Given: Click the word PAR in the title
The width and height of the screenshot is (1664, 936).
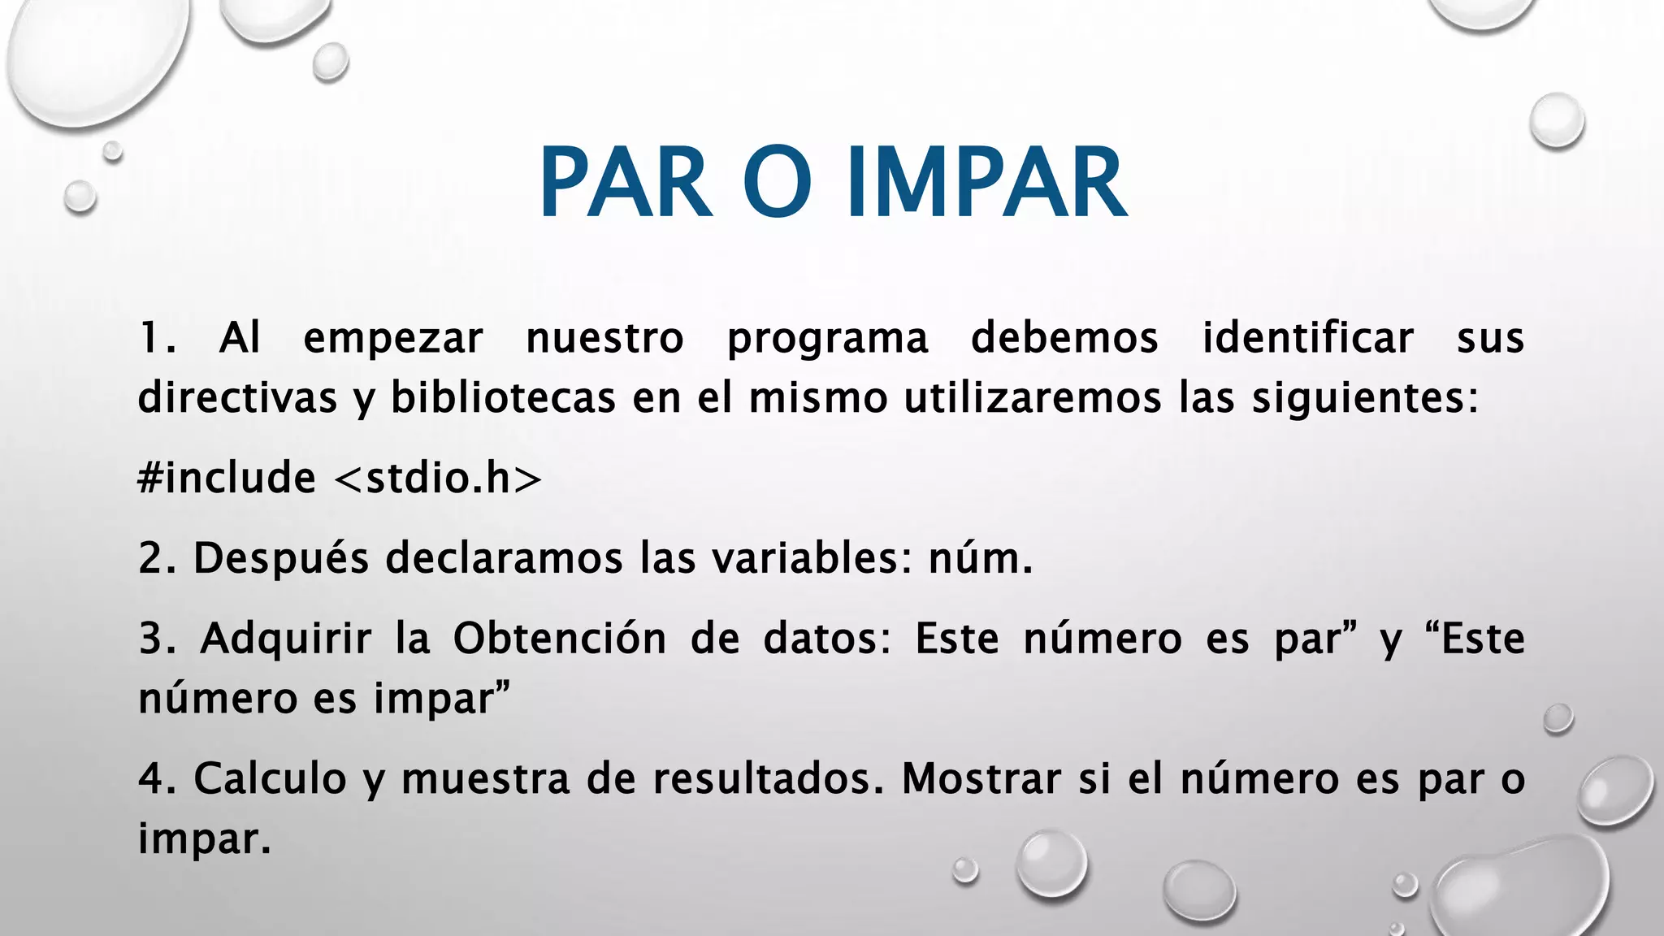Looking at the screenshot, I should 626,183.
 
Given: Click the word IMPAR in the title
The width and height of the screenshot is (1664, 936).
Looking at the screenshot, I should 986,183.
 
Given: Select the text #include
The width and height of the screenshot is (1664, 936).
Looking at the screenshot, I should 227,477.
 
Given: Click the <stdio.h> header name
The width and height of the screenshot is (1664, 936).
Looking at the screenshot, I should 438,477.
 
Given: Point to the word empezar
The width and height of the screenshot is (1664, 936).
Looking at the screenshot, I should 393,339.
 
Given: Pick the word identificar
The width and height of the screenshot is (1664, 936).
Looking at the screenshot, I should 1307,338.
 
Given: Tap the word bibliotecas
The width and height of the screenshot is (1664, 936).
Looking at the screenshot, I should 503,398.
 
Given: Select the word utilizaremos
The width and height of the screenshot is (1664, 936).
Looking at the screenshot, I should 1033,398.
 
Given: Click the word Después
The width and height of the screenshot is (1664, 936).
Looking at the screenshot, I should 281,559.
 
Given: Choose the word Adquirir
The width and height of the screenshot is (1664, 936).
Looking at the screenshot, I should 286,639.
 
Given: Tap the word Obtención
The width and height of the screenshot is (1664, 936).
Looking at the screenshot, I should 560,638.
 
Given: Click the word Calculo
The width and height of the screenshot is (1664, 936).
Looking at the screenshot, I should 270,778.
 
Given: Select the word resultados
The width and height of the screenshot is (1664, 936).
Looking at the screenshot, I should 768,778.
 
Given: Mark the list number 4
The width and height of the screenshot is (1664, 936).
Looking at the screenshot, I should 151,778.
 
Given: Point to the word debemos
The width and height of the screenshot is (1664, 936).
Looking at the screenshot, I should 1064,338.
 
